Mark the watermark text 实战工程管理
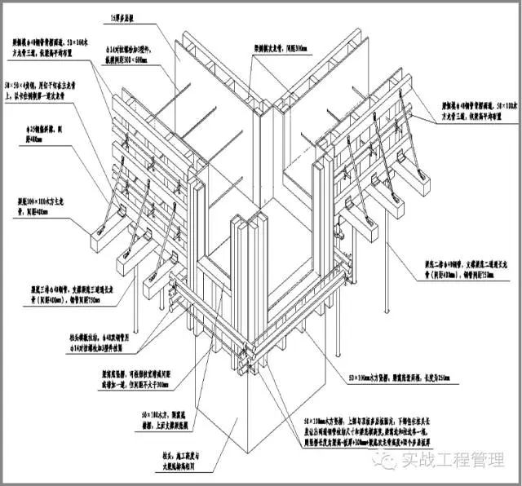coord(448,461)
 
